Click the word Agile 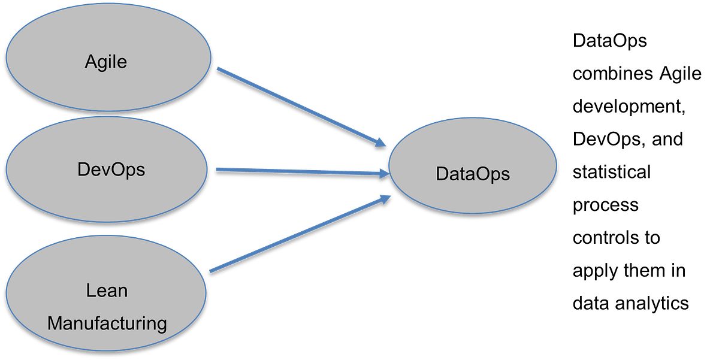106,62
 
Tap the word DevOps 111,170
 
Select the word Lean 107,291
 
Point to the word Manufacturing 107,324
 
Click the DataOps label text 473,174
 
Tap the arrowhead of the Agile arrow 381,143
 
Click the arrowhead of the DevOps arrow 385,174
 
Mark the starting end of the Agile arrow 217,68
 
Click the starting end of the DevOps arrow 217,169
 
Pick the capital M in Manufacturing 55,324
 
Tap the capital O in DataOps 481,174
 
